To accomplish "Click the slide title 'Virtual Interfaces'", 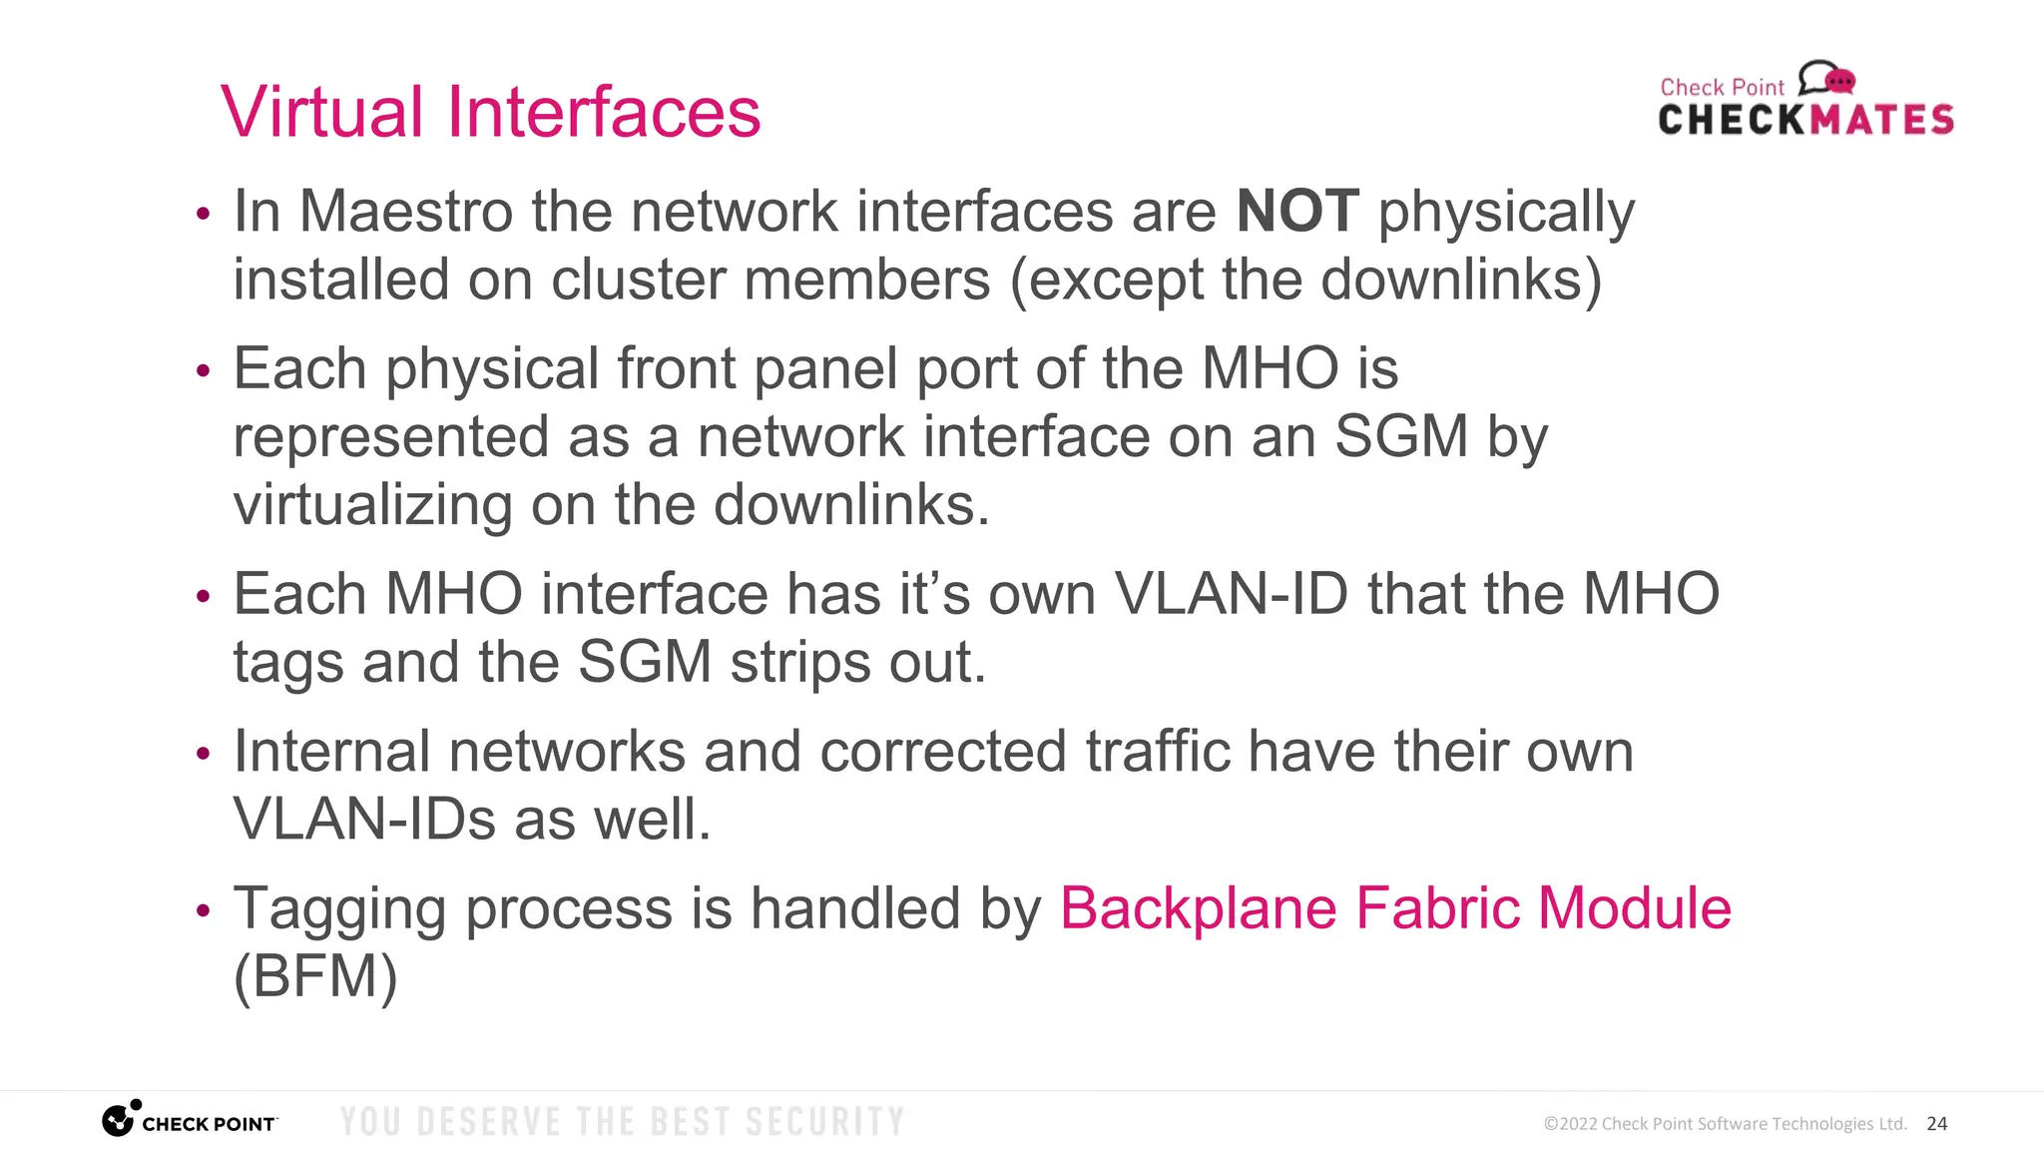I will [x=490, y=112].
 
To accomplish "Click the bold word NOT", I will [x=1297, y=212].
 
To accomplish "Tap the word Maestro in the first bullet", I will [x=406, y=212].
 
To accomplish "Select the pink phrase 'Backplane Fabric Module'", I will [x=1395, y=908].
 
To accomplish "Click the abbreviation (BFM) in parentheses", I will [x=315, y=976].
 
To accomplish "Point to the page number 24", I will [x=1936, y=1124].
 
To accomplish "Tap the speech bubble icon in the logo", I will [x=1826, y=78].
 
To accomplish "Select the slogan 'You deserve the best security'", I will [x=622, y=1122].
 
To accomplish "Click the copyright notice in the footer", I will [x=1725, y=1124].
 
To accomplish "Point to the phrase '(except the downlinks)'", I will [x=1305, y=281].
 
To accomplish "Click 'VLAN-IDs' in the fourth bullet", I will [x=364, y=821].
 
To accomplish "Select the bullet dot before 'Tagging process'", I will [x=204, y=910].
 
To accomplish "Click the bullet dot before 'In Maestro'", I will [x=204, y=214].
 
